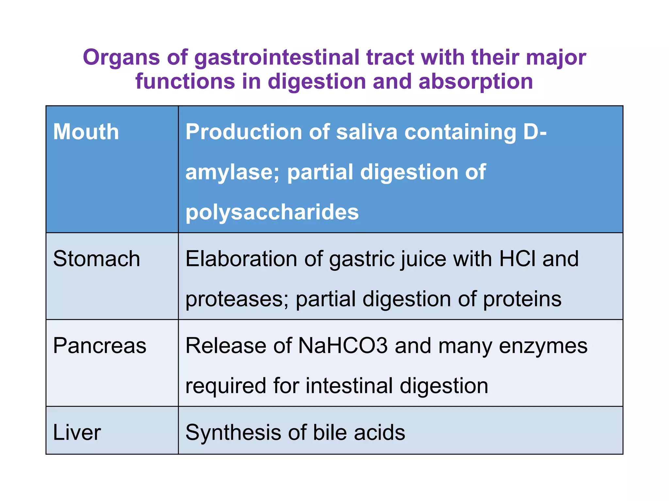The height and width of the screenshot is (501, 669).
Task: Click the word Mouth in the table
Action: pyautogui.click(x=86, y=132)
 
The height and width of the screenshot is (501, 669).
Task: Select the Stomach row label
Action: pyautogui.click(x=96, y=259)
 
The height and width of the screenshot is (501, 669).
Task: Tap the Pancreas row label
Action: pyautogui.click(x=100, y=346)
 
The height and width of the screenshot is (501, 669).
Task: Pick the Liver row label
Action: pyautogui.click(x=77, y=433)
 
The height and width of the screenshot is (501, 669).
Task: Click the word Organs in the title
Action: pyautogui.click(x=121, y=58)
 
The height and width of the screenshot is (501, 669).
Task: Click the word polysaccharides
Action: pyautogui.click(x=272, y=212)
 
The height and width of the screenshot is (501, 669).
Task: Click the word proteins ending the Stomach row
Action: pyautogui.click(x=522, y=299)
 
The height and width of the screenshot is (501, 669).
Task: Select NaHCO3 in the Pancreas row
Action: pyautogui.click(x=343, y=346)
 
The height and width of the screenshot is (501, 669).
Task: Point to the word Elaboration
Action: pyautogui.click(x=241, y=259)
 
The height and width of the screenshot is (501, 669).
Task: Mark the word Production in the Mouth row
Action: pyautogui.click(x=244, y=132)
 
